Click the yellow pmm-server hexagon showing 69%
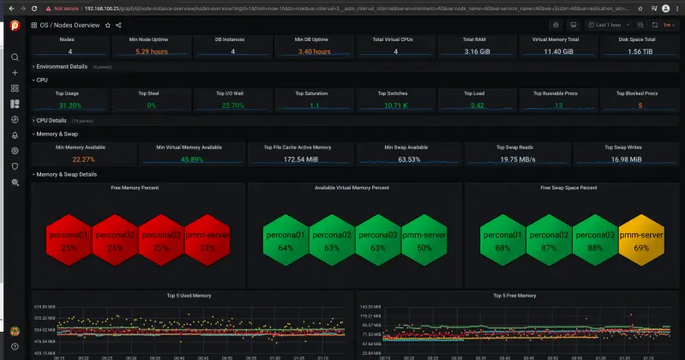pos(641,240)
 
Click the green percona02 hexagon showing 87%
pos(549,240)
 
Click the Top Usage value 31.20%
pos(69,105)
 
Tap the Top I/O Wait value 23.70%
pos(232,105)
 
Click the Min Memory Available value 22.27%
pos(83,159)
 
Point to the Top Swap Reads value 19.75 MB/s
pos(517,159)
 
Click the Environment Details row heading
pos(62,66)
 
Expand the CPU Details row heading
pos(51,121)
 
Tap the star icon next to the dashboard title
pos(107,26)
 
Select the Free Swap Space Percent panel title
pos(568,187)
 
